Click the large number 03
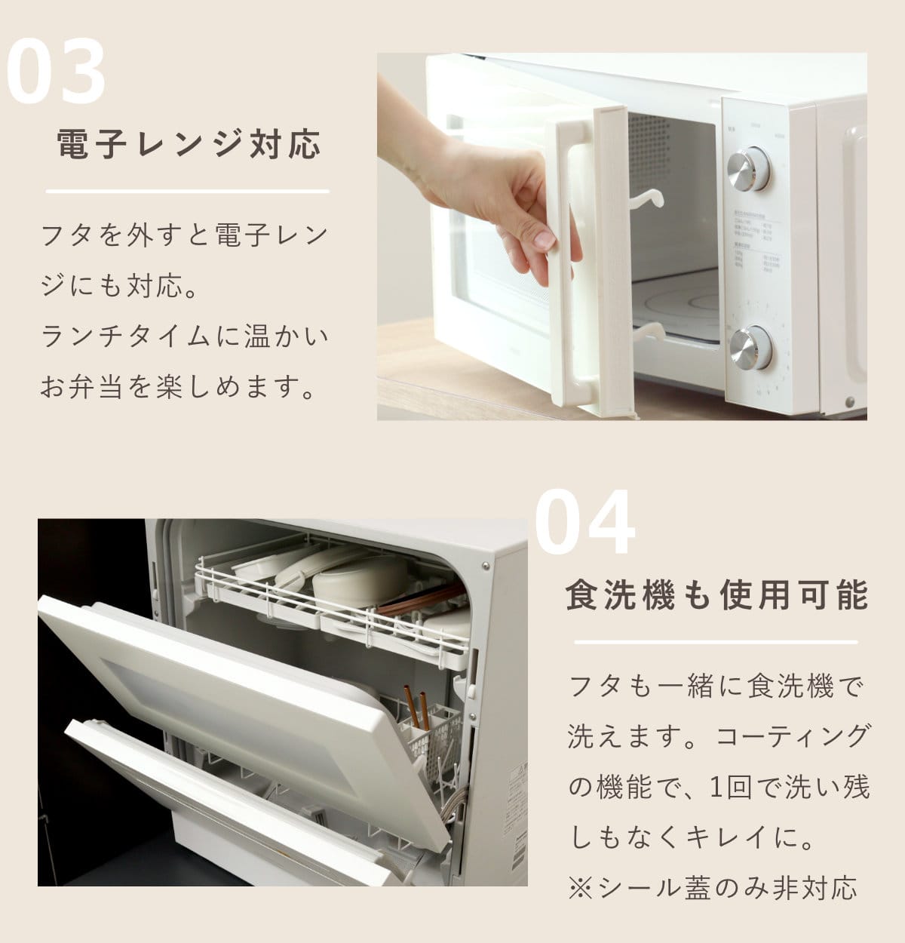click(57, 71)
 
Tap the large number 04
click(584, 521)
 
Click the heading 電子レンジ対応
click(189, 144)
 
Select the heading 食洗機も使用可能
click(716, 594)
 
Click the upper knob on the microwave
click(749, 168)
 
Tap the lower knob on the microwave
click(750, 348)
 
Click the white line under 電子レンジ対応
click(188, 192)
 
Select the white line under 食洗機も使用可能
click(716, 642)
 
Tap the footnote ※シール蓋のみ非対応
click(712, 888)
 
